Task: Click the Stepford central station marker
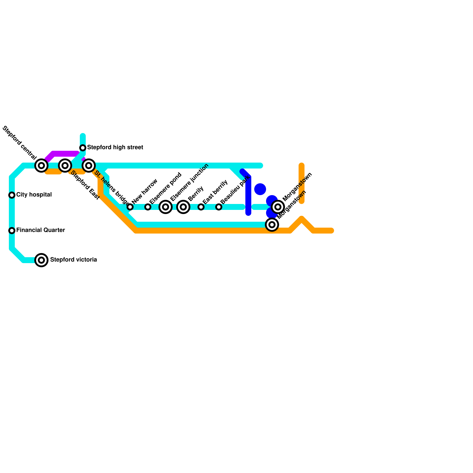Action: click(41, 166)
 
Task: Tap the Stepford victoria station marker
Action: click(41, 260)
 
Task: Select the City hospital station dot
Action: click(12, 195)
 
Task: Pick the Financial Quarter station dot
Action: click(12, 231)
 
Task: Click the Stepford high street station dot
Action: click(83, 148)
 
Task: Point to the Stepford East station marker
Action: click(65, 166)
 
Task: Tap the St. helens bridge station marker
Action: click(89, 166)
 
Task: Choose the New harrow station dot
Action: click(130, 207)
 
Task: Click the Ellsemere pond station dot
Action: click(148, 207)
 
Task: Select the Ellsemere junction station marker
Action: click(166, 207)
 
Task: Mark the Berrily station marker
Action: click(183, 207)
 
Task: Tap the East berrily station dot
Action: click(201, 207)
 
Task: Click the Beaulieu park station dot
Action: click(219, 207)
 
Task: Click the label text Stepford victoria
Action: click(73, 260)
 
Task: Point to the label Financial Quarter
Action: click(41, 230)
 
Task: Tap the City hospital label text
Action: click(34, 195)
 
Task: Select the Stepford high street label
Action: click(115, 148)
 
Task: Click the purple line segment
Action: click(64, 154)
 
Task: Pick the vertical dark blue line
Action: click(248, 195)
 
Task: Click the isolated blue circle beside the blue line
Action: click(260, 189)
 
